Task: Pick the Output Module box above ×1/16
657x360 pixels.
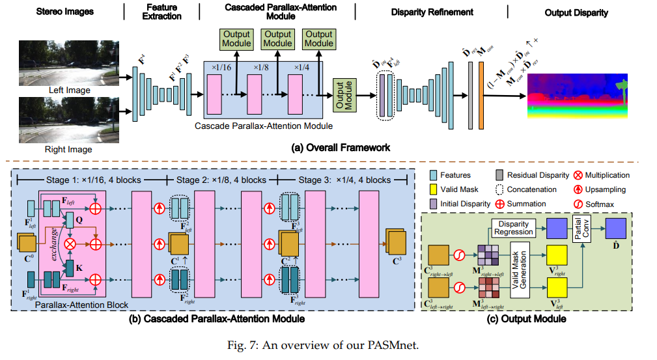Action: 236,38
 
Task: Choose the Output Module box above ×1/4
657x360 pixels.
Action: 319,38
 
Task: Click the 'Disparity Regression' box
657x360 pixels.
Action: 512,227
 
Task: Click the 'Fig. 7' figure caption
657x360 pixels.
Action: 328,344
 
